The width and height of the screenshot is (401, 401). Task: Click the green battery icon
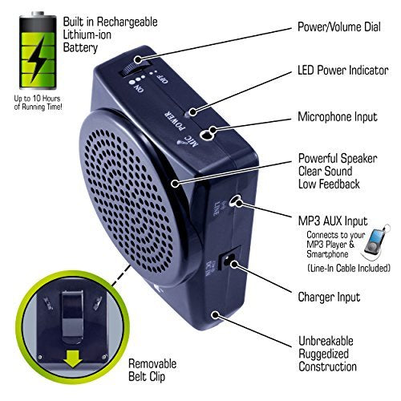(x=38, y=51)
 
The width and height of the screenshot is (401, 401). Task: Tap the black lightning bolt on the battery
(x=38, y=59)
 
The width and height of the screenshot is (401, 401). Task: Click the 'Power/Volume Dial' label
(x=339, y=27)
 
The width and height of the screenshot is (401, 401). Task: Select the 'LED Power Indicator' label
(x=343, y=71)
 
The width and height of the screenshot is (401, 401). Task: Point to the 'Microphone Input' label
(x=338, y=117)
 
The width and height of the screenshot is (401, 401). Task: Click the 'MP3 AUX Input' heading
(x=333, y=221)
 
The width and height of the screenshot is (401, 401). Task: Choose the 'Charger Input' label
(x=329, y=297)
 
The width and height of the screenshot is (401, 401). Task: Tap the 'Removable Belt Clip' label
(x=152, y=371)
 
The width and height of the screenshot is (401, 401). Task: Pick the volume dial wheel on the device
(x=132, y=67)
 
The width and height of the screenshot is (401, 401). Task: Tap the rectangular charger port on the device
(x=227, y=258)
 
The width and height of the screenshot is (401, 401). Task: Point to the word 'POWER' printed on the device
(x=175, y=119)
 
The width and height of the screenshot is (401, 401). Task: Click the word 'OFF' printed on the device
(x=162, y=79)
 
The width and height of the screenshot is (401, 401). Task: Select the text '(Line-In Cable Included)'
(x=349, y=268)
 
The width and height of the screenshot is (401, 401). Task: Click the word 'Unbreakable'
(x=326, y=341)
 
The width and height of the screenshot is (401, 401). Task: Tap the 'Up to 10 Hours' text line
(x=37, y=98)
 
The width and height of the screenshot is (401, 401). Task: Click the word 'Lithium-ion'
(x=87, y=34)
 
